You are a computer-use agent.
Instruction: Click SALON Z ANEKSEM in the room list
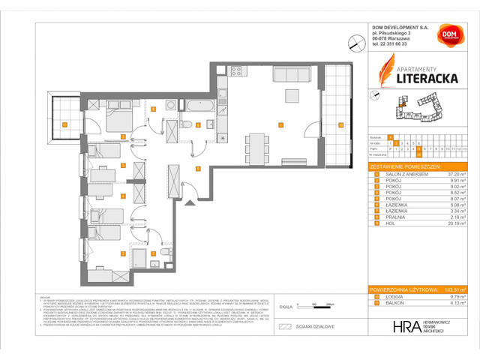pos(405,173)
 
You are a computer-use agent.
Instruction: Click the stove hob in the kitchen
pos(235,72)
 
